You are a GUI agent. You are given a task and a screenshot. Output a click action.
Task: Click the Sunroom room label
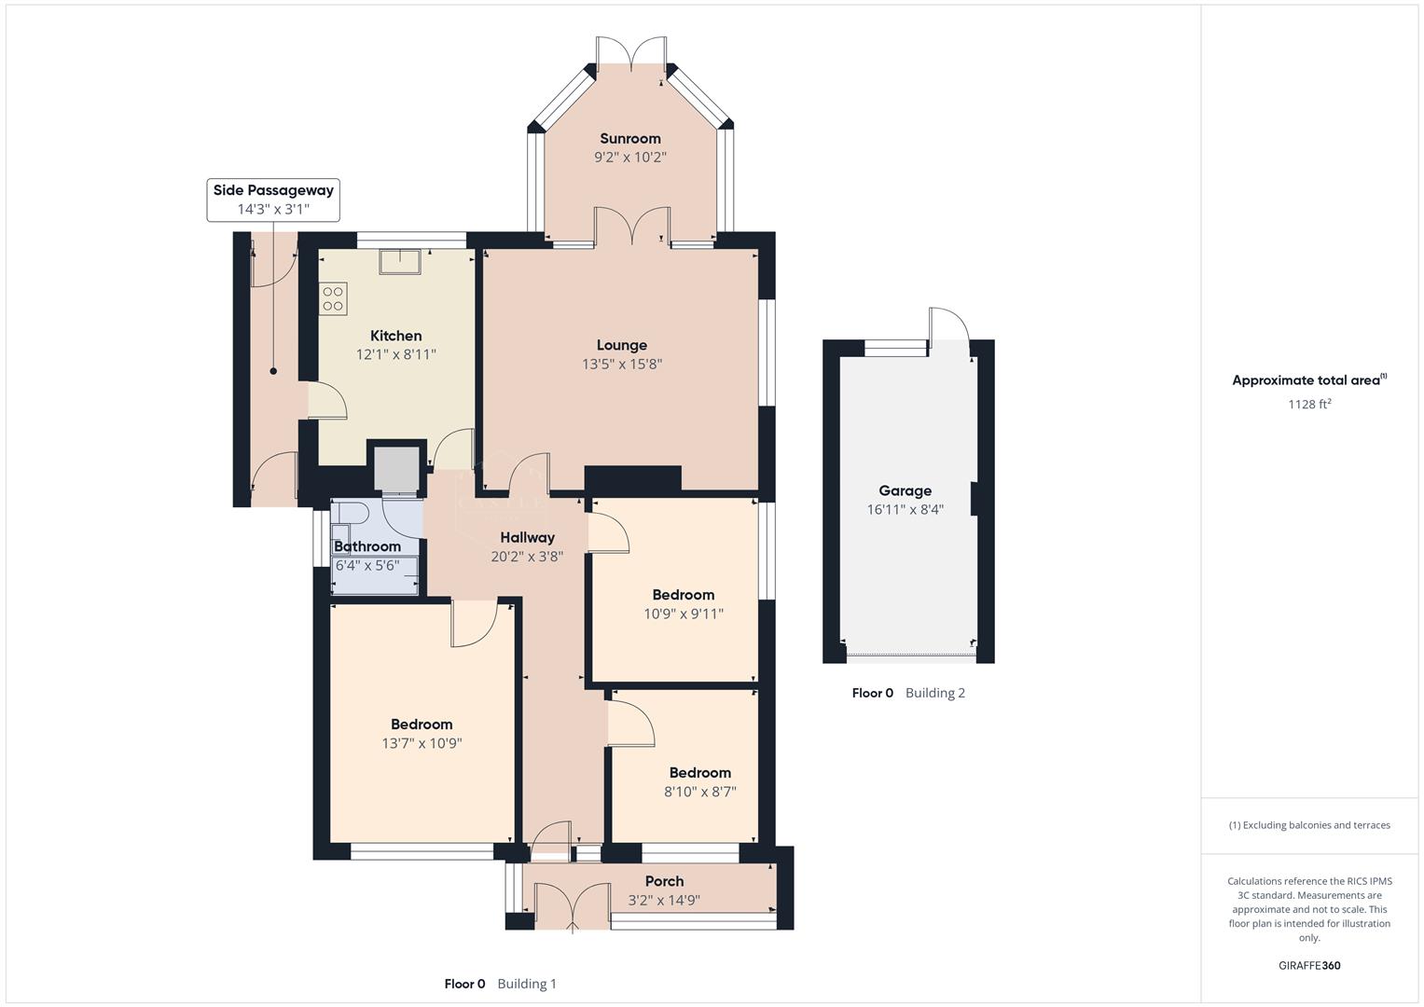629,139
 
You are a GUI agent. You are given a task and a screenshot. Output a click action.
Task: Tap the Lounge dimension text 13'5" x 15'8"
622,365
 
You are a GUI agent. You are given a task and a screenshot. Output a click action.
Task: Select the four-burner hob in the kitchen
333,299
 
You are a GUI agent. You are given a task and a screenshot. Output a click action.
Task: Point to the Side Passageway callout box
273,200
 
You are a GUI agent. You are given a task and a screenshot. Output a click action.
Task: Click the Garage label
905,490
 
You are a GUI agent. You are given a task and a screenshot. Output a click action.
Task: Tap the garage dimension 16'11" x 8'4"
905,510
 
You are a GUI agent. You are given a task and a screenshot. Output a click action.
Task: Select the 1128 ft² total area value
1309,404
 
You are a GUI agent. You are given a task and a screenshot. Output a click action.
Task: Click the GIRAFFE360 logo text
1309,965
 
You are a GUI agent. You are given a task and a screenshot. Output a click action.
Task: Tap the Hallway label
527,537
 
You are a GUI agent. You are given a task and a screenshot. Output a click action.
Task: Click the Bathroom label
367,546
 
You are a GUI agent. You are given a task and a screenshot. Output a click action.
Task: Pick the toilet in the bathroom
351,514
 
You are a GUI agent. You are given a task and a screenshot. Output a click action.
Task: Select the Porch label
664,881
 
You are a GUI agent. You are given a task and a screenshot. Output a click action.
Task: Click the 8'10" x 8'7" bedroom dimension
699,792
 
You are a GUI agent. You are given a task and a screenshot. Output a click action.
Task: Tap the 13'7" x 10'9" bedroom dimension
422,743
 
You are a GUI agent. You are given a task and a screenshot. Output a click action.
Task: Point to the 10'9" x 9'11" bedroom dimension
683,614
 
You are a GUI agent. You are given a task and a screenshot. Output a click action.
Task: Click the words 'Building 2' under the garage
934,693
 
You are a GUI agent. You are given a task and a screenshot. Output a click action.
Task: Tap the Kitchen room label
395,336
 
